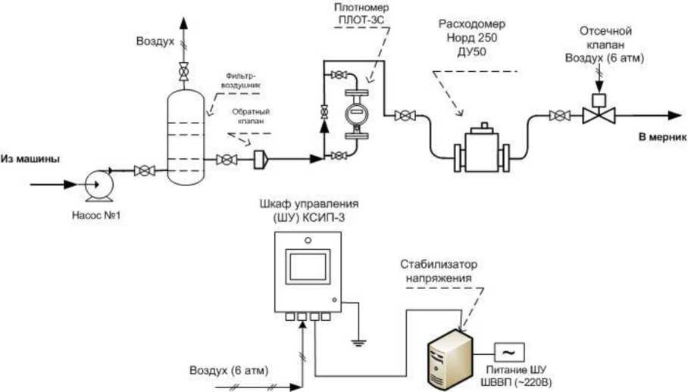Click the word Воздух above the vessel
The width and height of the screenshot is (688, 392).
coord(156,39)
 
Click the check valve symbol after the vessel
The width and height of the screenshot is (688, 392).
coord(259,160)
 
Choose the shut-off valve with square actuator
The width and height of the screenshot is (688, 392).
coord(598,114)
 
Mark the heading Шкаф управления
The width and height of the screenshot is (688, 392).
coord(308,205)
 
